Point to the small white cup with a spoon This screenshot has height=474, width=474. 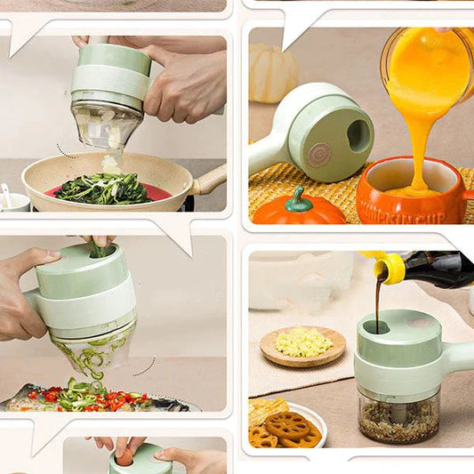[12, 201]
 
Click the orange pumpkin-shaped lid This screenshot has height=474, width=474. [298, 210]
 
